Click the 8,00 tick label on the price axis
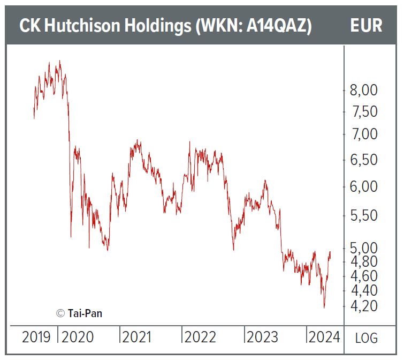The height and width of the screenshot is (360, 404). click(x=364, y=91)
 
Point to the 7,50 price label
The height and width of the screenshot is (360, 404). click(x=364, y=112)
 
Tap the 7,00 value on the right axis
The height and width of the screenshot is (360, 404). click(x=364, y=134)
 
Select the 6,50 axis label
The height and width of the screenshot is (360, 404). click(x=364, y=160)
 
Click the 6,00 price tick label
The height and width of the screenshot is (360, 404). click(x=364, y=187)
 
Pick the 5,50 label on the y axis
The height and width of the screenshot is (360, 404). click(x=364, y=216)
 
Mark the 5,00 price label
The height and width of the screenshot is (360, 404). click(x=364, y=248)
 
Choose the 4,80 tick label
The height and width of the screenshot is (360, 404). click(x=364, y=262)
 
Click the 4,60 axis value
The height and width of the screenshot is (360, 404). click(x=364, y=276)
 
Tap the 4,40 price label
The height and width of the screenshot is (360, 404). click(x=364, y=291)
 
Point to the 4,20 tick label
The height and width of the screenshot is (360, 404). click(x=364, y=306)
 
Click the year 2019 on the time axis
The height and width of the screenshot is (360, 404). click(x=36, y=337)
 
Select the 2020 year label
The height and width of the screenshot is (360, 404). click(x=78, y=337)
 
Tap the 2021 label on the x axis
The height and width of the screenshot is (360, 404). click(x=138, y=337)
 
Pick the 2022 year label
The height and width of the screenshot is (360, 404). click(x=199, y=337)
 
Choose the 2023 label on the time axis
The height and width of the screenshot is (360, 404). click(x=261, y=337)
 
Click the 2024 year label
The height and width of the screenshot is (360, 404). click(x=323, y=337)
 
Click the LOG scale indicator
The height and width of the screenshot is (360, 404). click(x=367, y=338)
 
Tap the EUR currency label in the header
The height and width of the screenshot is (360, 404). click(x=367, y=26)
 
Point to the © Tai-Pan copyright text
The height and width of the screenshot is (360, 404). click(x=79, y=313)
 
